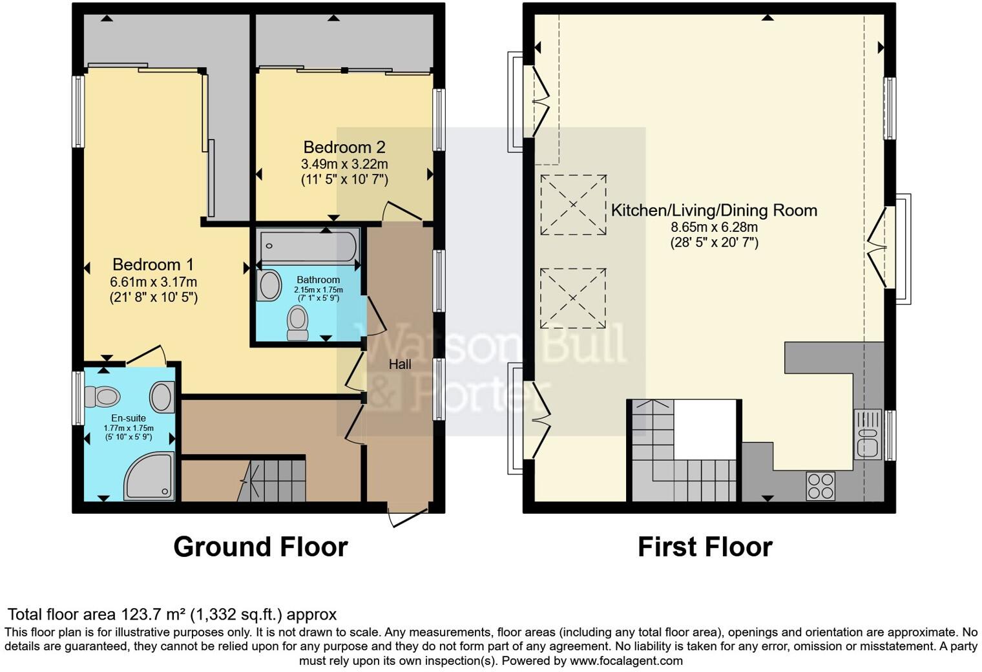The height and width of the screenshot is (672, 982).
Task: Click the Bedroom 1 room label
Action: tap(153, 264)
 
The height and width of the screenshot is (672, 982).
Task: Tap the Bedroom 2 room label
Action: tap(344, 147)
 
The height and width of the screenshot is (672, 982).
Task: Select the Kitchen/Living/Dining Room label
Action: tap(714, 210)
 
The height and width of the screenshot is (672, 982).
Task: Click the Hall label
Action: tap(400, 364)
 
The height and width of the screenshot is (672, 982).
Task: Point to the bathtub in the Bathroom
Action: tap(309, 246)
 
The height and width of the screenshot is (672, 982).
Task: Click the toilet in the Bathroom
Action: tap(297, 322)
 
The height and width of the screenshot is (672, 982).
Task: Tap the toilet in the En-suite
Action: tap(102, 395)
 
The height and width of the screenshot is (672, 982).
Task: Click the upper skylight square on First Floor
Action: tap(573, 205)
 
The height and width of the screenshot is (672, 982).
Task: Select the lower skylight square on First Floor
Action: tap(573, 299)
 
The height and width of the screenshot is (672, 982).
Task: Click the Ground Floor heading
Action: tap(260, 547)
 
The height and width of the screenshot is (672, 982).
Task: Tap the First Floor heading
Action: tap(705, 547)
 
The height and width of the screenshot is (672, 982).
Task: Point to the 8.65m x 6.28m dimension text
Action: tap(714, 227)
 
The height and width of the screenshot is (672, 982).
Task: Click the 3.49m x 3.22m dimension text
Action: tap(344, 164)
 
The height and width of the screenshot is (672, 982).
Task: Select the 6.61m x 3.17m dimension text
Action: tap(153, 282)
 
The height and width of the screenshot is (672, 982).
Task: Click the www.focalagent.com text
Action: tap(625, 661)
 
